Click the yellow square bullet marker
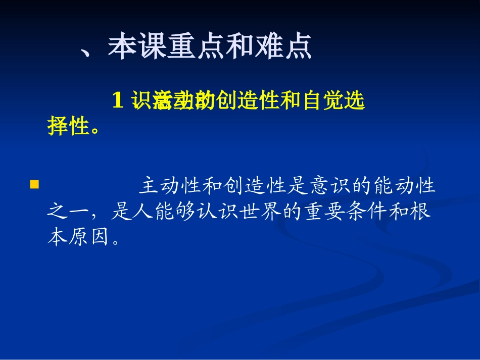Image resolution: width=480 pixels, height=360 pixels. pyautogui.click(x=34, y=184)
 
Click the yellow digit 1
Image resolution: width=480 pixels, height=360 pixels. pyautogui.click(x=118, y=101)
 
